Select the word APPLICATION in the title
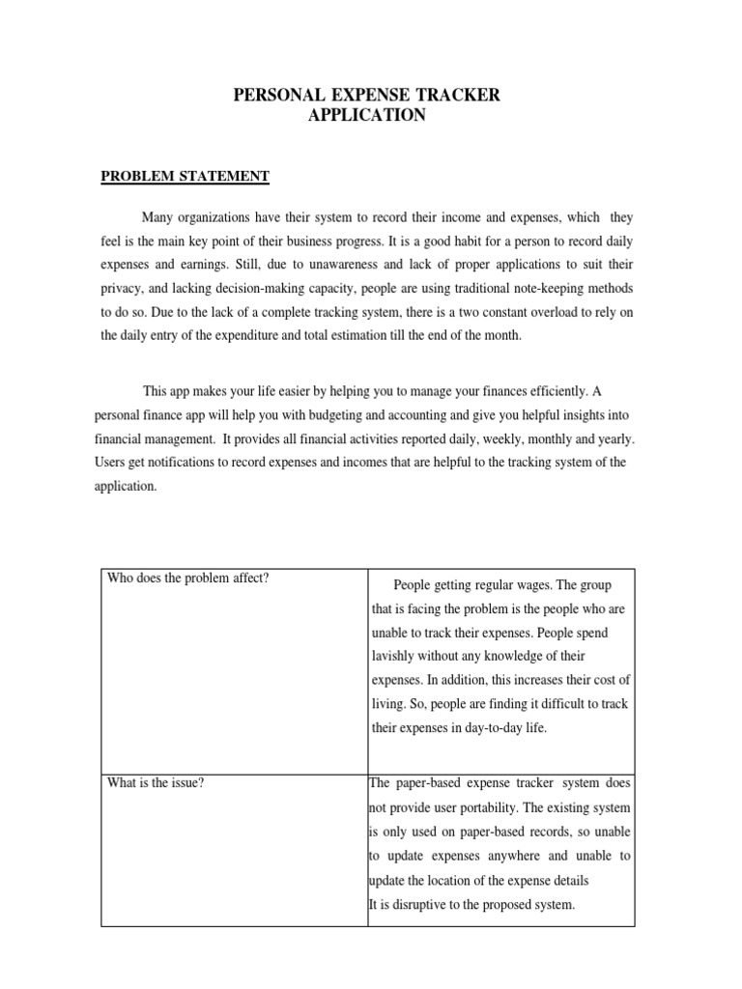click(x=366, y=115)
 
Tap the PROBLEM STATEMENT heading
click(x=185, y=176)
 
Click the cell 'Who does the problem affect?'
click(x=188, y=579)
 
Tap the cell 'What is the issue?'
click(x=156, y=782)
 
